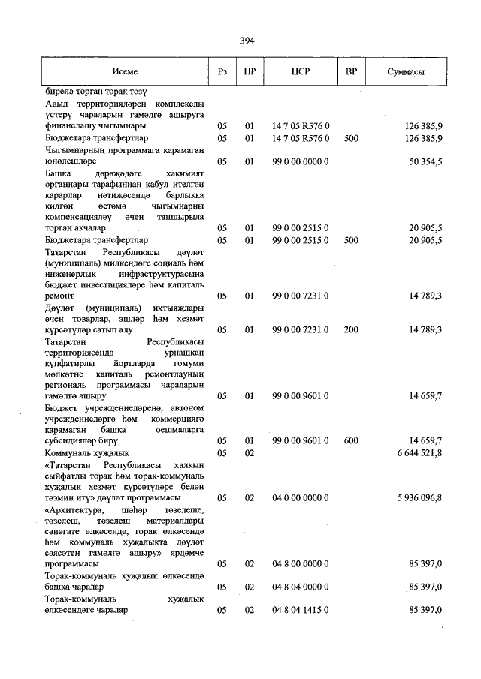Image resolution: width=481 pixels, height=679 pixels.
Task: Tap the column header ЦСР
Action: pyautogui.click(x=301, y=72)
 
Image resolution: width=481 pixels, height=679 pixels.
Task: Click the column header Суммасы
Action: pyautogui.click(x=406, y=72)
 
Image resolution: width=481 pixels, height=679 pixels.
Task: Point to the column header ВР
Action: pyautogui.click(x=350, y=72)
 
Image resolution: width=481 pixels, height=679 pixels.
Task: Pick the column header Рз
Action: pyautogui.click(x=222, y=72)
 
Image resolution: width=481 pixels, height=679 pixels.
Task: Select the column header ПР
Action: pyautogui.click(x=250, y=72)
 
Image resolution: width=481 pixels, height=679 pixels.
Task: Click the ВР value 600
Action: pyautogui.click(x=351, y=440)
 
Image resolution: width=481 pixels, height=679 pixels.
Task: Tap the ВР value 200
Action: pyautogui.click(x=351, y=329)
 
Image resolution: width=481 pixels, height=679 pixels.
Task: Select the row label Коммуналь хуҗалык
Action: pyautogui.click(x=87, y=453)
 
